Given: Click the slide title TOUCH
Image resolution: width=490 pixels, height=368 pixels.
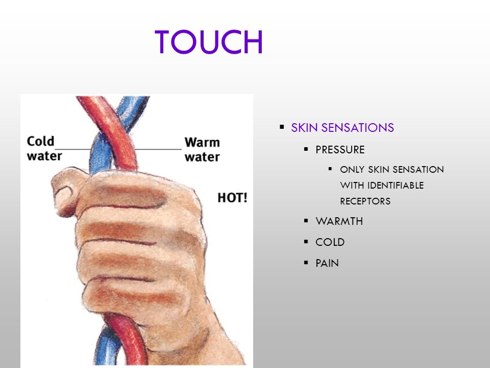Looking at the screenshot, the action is tap(209, 42).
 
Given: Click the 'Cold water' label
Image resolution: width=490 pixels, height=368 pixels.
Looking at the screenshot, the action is tap(44, 148).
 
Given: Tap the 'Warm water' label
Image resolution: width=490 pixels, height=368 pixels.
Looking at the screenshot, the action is tap(202, 149).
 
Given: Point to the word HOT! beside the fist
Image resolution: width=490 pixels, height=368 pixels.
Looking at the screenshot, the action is tap(232, 198).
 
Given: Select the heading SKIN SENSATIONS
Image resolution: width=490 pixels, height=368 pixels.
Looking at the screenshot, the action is tap(342, 128).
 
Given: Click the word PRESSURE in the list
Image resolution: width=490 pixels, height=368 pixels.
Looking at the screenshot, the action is tap(340, 150).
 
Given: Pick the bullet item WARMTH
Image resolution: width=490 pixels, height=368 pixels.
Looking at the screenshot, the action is tap(339, 221).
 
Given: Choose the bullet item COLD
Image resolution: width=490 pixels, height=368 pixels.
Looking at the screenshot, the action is tap(330, 242).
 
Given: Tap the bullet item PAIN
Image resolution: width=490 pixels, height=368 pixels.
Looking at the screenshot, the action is tap(327, 263).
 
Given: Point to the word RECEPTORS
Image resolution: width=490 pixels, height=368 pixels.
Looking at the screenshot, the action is tap(365, 201).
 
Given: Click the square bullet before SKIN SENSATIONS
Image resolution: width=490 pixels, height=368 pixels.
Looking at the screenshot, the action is tap(282, 127).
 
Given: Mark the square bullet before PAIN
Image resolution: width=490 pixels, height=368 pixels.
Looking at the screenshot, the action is tap(306, 262).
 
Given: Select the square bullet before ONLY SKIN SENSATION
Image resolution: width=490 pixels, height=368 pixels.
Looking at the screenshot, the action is tap(330, 169).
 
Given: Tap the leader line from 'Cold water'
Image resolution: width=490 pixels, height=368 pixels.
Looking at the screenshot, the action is tap(73, 149).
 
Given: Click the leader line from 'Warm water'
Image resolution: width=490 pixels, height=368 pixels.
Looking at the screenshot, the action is tap(158, 149).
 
